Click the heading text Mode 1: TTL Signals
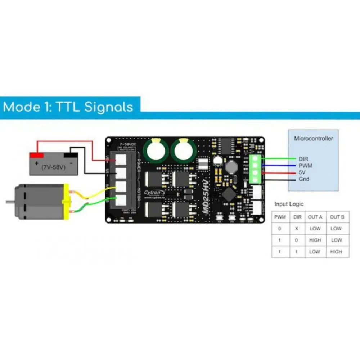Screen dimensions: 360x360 pyautogui.click(x=68, y=107)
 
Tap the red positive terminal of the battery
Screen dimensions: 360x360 pyautogui.click(x=36, y=155)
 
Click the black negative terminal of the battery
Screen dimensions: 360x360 pyautogui.click(x=71, y=155)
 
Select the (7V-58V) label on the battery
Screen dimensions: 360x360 pyautogui.click(x=53, y=167)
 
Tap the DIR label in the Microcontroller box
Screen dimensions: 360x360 pyautogui.click(x=303, y=159)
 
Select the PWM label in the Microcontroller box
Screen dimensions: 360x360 pyautogui.click(x=305, y=166)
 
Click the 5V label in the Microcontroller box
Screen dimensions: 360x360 pyautogui.click(x=302, y=172)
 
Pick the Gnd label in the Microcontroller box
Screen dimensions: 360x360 pyautogui.click(x=303, y=179)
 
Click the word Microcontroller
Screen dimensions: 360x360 pyautogui.click(x=314, y=138)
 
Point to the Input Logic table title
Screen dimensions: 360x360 pyautogui.click(x=289, y=204)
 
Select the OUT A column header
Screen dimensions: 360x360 pyautogui.click(x=315, y=217)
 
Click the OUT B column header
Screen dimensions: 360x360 pyautogui.click(x=337, y=217)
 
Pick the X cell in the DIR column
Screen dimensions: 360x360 pyautogui.click(x=296, y=229)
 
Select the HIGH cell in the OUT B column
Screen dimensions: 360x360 pyautogui.click(x=336, y=252)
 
